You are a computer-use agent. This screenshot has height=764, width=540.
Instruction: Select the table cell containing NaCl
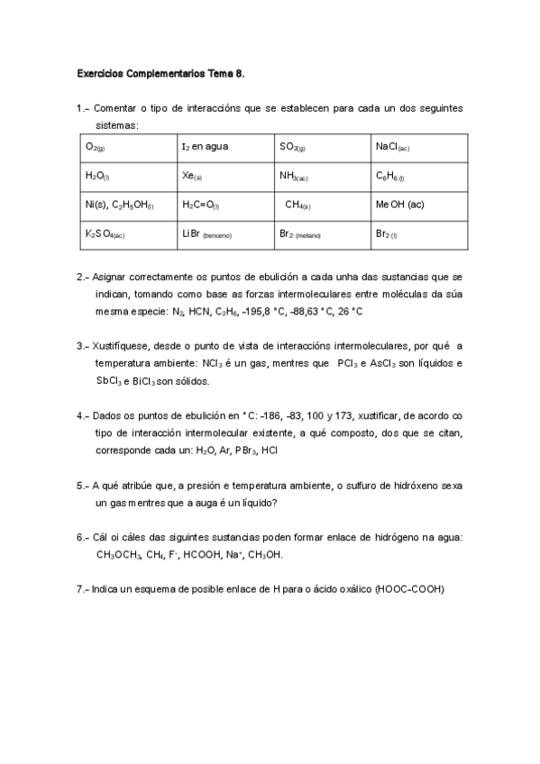419,146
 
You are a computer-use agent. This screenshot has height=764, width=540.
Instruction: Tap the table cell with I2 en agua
224,146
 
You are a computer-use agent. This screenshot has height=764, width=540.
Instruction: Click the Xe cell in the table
224,176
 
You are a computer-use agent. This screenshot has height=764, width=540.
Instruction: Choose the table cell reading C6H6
419,176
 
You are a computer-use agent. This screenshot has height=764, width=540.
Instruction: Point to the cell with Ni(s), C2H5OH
127,205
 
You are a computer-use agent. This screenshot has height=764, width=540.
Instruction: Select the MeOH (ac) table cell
419,205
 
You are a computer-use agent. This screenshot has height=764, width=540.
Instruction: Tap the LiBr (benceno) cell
224,234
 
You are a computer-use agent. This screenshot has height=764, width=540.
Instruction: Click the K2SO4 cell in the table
127,234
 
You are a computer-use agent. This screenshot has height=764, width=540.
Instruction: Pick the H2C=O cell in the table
224,205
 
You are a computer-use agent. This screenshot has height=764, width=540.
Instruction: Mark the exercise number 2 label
83,277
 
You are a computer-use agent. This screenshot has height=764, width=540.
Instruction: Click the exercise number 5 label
83,485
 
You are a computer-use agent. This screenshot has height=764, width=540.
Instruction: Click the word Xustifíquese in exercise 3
124,346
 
